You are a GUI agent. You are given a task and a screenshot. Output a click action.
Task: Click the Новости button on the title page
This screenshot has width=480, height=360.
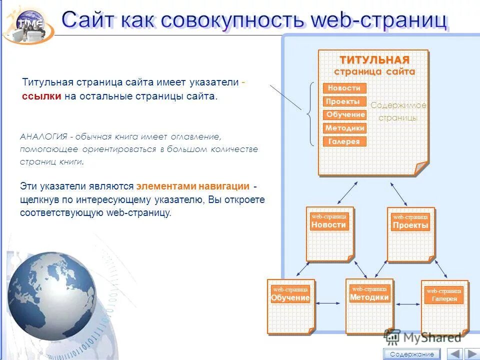pos(344,88)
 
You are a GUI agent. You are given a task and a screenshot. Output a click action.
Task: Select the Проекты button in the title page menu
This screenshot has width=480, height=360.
pos(344,101)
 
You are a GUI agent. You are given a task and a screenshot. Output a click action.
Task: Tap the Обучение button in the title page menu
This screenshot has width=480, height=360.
pos(345,114)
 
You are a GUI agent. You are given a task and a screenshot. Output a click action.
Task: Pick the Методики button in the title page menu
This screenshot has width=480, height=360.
pos(345,128)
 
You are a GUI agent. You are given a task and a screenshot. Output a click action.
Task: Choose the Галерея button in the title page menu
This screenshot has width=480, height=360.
pos(344,141)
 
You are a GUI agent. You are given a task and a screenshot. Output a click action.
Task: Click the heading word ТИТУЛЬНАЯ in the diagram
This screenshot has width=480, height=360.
pos(374,60)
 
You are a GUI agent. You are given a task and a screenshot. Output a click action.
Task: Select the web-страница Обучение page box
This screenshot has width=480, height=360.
pos(290,306)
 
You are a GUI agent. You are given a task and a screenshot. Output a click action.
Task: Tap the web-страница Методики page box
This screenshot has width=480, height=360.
pos(369,305)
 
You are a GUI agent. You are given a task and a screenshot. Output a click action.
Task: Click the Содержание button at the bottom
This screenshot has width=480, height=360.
pos(412,354)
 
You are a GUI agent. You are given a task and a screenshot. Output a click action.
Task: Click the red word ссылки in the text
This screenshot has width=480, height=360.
pos(41,96)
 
